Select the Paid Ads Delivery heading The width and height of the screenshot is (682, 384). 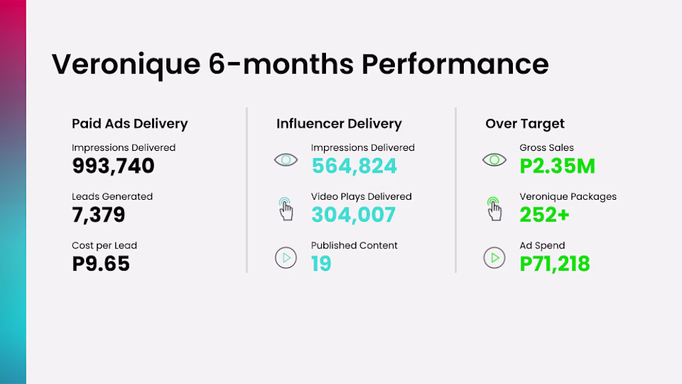(130, 123)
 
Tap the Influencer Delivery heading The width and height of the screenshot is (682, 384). (339, 123)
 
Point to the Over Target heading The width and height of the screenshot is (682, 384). (524, 123)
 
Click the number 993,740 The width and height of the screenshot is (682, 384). (113, 166)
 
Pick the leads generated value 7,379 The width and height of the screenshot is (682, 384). (98, 214)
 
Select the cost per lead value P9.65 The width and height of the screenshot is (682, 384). (101, 263)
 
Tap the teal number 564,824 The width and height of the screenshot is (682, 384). (354, 166)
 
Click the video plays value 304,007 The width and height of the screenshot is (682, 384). (353, 214)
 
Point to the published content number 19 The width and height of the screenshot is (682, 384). (321, 263)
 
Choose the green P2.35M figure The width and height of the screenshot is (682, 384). (557, 166)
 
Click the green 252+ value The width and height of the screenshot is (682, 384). (544, 214)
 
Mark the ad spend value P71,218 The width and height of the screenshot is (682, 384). (554, 263)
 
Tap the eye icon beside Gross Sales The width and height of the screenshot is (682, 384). (494, 160)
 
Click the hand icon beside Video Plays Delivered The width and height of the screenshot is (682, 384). (286, 209)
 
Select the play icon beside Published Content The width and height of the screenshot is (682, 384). (286, 258)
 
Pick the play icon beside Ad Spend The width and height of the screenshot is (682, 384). (494, 258)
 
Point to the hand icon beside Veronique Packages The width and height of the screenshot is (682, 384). (494, 209)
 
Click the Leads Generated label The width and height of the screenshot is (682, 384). (113, 196)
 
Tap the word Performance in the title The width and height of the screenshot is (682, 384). (455, 64)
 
